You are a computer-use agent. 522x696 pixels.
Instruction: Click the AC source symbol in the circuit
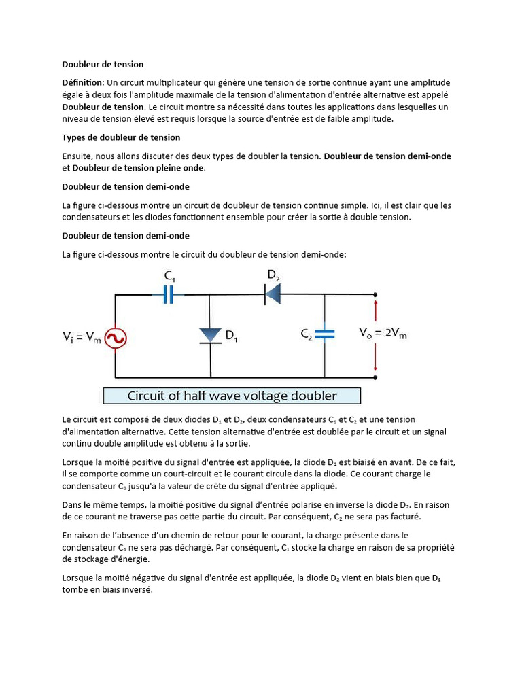point(116,338)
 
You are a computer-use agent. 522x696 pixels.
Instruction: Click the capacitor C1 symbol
point(169,294)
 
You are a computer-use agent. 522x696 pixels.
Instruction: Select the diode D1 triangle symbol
point(211,335)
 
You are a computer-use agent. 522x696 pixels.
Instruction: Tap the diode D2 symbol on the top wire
point(273,294)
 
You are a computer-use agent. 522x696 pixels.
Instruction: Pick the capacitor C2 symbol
point(326,334)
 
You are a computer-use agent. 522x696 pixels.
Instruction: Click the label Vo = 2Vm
point(383,333)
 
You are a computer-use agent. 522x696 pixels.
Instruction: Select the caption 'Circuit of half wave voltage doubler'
point(232,396)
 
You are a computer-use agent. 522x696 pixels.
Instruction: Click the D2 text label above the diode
point(273,275)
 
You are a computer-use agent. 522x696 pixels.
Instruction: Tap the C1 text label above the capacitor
point(170,276)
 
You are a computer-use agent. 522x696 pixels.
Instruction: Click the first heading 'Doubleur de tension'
point(103,64)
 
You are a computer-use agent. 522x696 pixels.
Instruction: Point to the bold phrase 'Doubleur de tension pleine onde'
point(138,168)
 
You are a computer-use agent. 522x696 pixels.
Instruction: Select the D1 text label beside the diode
point(231,336)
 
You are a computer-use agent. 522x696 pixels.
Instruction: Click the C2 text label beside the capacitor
point(307,334)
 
